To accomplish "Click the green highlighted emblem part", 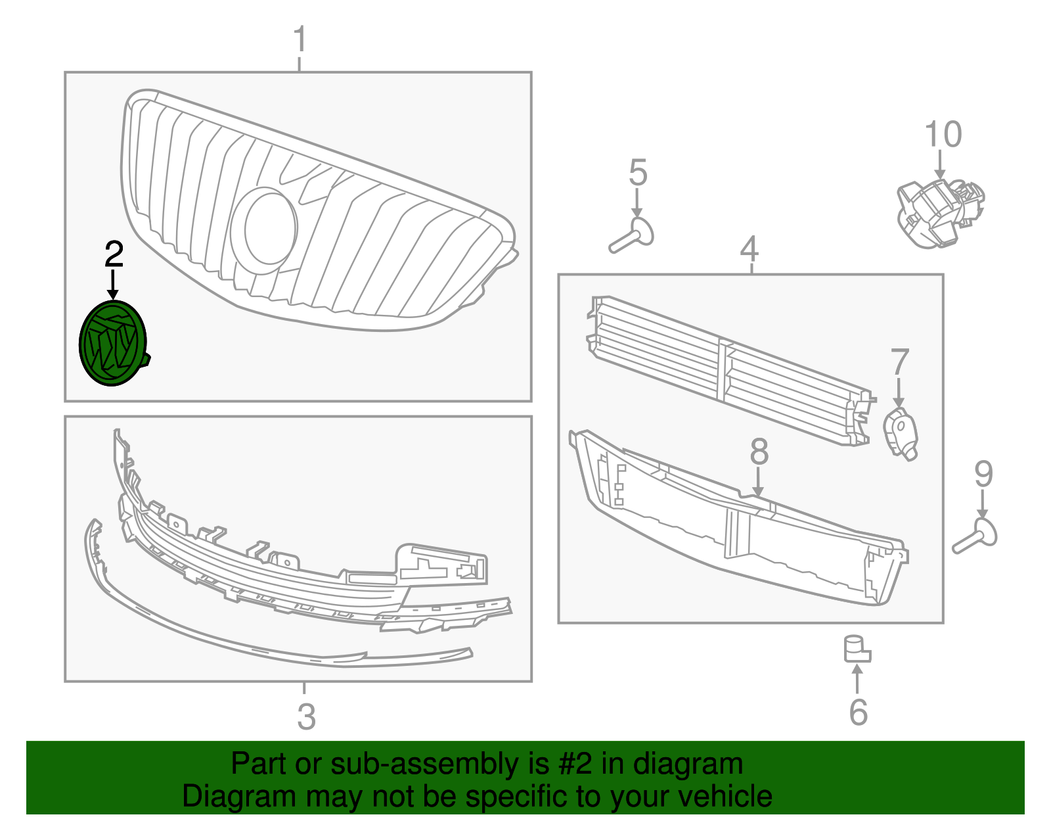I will click(111, 343).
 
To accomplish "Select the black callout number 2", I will click(114, 254).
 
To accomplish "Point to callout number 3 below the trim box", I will click(306, 716).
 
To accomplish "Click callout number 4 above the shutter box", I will click(749, 248).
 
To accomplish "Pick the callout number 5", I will click(638, 172).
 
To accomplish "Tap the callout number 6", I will click(858, 713).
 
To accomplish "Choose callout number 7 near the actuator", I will click(900, 362).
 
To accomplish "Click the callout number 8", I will click(759, 452).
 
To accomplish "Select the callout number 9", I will click(983, 474).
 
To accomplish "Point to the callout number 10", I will click(943, 134).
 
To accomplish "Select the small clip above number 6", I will click(856, 649).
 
